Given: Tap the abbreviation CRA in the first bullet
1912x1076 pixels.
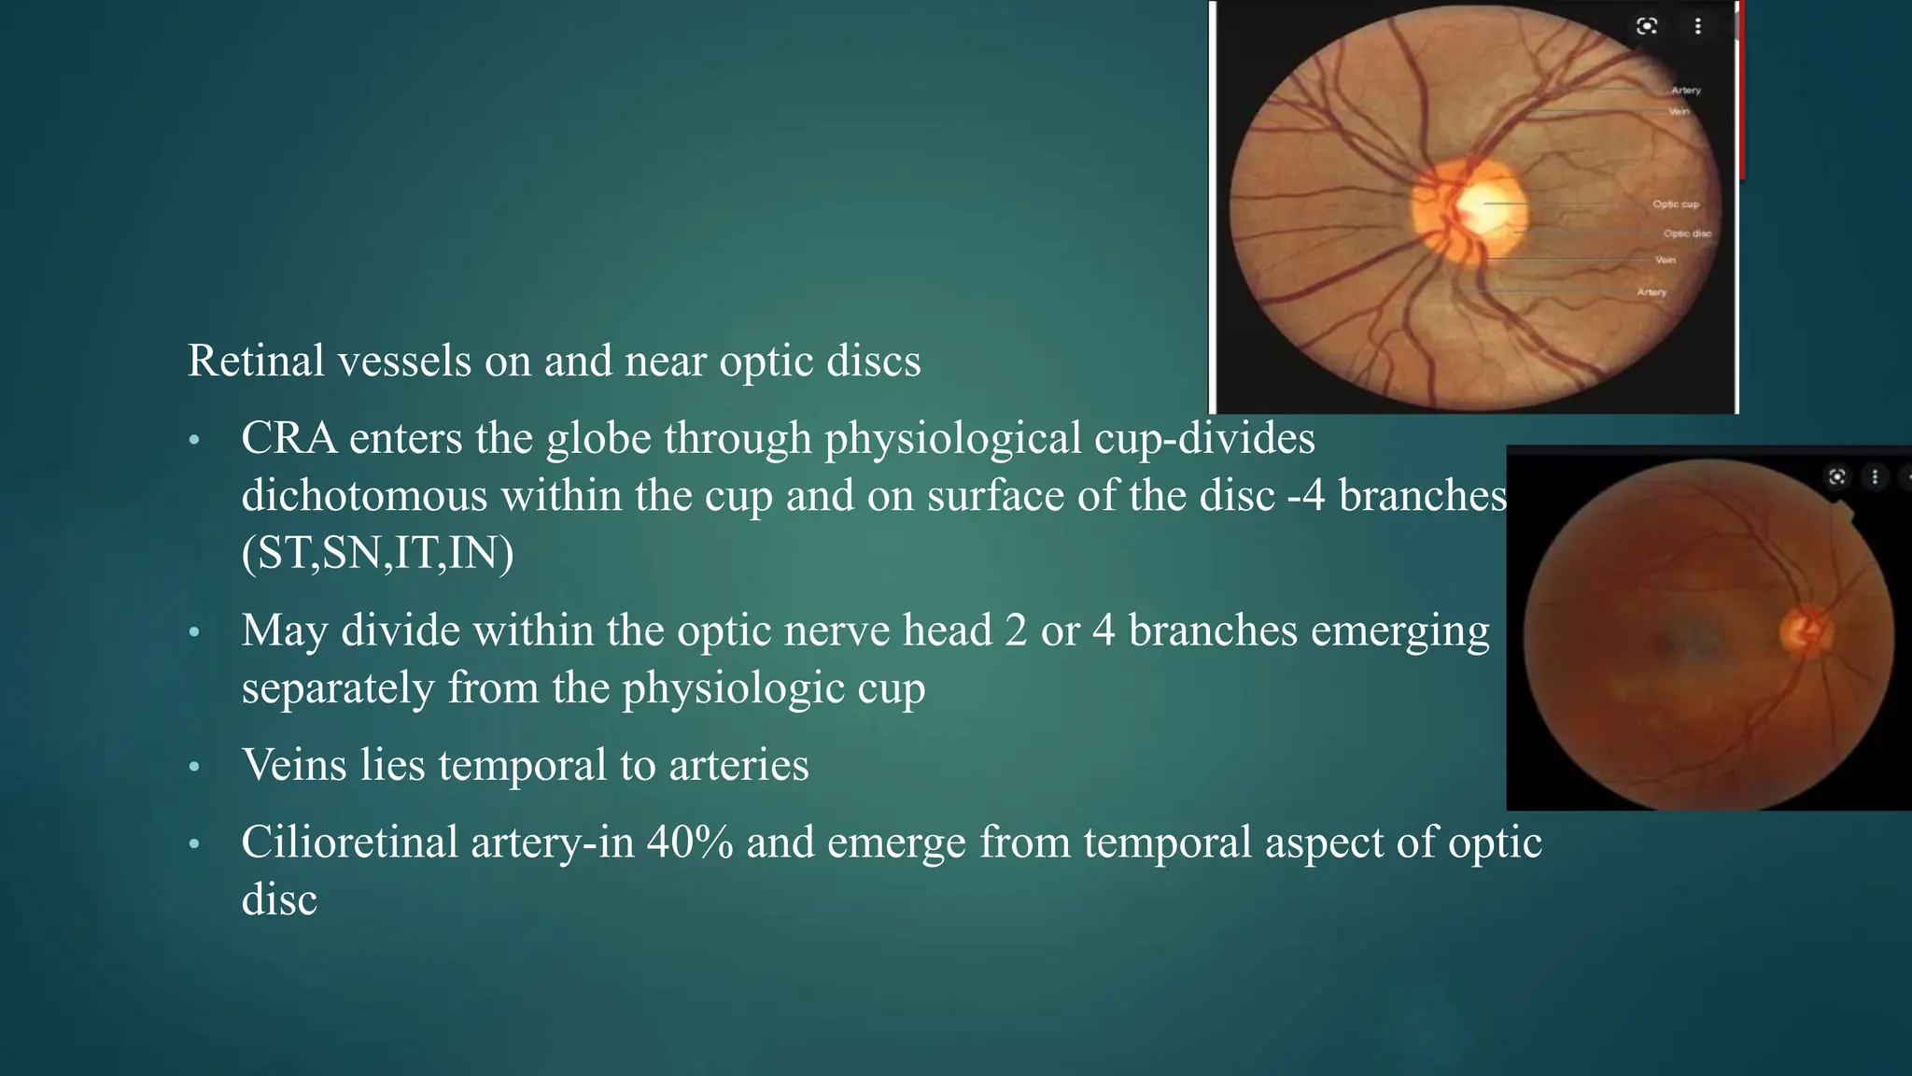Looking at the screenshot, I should pos(288,438).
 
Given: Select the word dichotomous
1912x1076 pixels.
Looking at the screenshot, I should pos(364,495).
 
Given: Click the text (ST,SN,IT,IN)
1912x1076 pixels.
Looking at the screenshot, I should pos(377,553).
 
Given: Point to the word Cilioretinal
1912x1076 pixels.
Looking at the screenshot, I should pos(349,842).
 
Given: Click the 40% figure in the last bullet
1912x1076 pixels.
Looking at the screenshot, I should pos(689,842).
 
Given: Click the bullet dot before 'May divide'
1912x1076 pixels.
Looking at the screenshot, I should pos(194,632).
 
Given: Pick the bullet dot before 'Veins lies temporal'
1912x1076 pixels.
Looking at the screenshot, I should pos(194,767).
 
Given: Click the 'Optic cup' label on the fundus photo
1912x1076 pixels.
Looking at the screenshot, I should pos(1676,204).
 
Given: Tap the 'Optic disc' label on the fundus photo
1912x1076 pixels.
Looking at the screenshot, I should pos(1687,234).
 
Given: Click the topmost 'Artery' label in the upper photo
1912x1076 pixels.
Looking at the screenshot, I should pos(1685,91).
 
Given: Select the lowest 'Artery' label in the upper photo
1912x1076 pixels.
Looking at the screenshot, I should pos(1652,292).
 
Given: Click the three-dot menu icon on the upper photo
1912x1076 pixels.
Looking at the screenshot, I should pos(1698,26).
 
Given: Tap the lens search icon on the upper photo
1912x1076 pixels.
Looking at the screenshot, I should pos(1647,26).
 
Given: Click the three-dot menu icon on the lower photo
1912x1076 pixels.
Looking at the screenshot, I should pos(1875,477).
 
